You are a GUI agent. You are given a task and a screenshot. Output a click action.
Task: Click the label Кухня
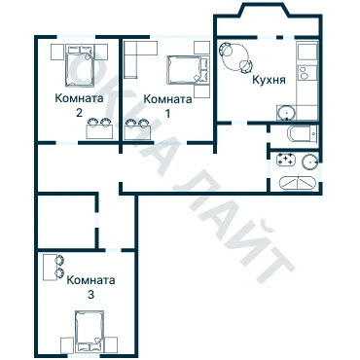269,80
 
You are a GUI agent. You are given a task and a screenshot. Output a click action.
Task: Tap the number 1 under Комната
167,114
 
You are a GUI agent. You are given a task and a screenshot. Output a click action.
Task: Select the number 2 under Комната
79,113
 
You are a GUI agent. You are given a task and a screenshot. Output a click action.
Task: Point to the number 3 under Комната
90,295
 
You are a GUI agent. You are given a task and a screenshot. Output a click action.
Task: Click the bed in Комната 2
80,65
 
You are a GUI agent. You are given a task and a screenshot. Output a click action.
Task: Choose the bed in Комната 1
188,70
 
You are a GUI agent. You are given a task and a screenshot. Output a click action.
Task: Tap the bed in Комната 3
90,332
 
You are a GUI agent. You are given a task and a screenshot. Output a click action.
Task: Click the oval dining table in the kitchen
235,57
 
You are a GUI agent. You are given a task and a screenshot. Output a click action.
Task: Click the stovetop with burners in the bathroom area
286,160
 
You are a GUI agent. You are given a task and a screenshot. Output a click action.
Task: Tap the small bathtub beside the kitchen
302,133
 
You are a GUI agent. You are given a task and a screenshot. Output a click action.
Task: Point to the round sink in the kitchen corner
286,113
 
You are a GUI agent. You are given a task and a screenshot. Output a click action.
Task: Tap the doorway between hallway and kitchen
239,123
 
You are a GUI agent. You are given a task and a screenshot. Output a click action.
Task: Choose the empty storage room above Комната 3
67,222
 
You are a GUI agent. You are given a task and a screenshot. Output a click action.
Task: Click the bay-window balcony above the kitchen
268,21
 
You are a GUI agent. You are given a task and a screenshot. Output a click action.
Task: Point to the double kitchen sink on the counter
304,73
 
